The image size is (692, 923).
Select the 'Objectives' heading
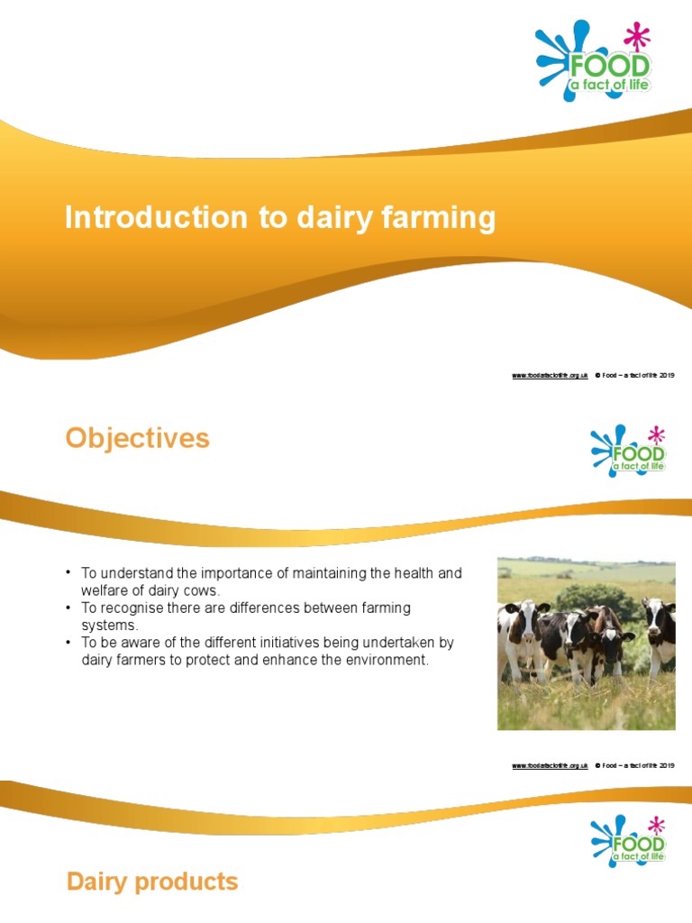tap(137, 439)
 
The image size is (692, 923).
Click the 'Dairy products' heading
tap(152, 882)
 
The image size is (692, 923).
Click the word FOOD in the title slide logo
tap(607, 67)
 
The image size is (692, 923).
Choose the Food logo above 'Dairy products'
tap(628, 839)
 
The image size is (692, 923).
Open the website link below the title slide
tap(550, 375)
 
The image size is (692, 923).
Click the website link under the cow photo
tap(550, 765)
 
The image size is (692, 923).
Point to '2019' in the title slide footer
tap(667, 375)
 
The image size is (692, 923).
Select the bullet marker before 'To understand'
tap(68, 573)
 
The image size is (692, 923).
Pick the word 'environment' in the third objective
tap(386, 660)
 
